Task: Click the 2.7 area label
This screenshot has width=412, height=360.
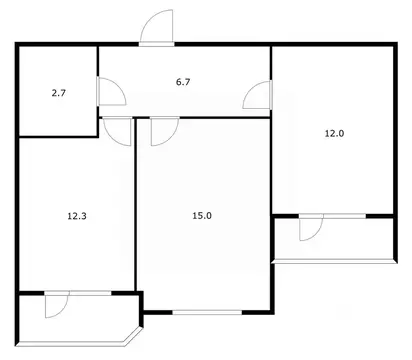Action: tap(59, 93)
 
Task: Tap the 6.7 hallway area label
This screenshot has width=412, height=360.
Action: tap(183, 82)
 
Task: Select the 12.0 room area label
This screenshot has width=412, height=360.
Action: tap(334, 134)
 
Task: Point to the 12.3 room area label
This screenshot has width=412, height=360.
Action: tap(77, 216)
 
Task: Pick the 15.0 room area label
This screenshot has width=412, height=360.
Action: tap(202, 216)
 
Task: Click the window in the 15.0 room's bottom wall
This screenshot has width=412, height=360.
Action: tap(207, 312)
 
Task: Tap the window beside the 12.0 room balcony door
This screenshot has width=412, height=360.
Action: tap(345, 216)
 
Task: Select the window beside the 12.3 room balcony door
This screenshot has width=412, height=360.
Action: tap(90, 293)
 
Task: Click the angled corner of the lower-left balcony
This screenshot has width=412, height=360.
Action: tap(133, 336)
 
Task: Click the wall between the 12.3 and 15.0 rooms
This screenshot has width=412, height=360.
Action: tap(135, 204)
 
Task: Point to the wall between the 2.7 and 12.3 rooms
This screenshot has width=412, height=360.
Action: tap(58, 136)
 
